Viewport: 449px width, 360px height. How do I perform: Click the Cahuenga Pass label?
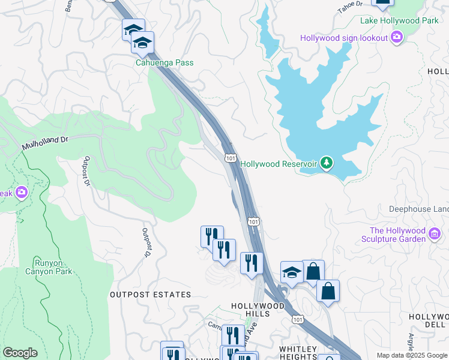pos(164,62)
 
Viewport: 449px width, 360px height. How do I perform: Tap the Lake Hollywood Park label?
pos(399,20)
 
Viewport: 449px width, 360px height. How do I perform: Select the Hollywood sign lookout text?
pos(344,38)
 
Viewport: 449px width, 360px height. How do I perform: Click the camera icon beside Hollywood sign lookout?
pos(396,38)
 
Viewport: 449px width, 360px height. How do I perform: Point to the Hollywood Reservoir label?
pos(279,163)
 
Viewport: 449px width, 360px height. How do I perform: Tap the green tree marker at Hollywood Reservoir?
pos(326,163)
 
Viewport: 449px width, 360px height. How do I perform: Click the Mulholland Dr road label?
pos(46,141)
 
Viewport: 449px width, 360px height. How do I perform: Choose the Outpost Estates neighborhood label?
pos(150,295)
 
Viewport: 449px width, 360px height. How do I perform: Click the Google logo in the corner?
pos(20,353)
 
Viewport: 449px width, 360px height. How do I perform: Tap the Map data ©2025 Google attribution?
pos(411,355)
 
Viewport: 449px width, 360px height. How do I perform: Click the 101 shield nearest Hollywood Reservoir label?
pos(230,157)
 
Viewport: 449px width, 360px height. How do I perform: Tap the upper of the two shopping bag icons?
pos(313,271)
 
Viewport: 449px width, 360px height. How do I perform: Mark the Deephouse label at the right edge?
pos(418,209)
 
